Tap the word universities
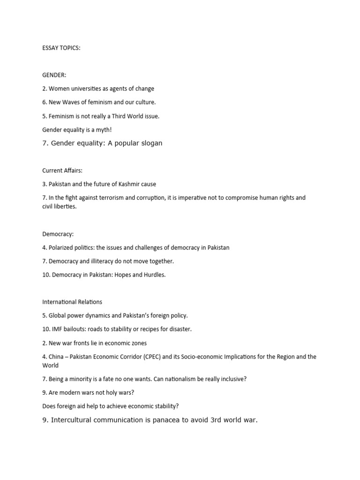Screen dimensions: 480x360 click(87, 89)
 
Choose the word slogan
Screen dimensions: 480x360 click(150, 143)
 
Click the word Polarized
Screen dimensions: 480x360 click(62, 247)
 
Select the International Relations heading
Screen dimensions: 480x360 click(72, 302)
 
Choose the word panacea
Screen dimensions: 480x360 click(163, 420)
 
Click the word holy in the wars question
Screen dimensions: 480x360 click(108, 392)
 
